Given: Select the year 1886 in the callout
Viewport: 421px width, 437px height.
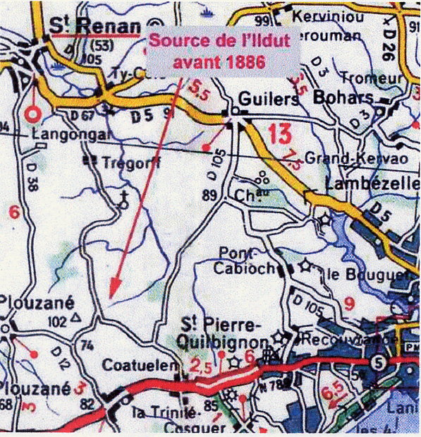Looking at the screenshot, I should tap(240, 61).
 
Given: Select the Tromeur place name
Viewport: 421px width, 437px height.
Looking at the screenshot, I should tap(371, 78).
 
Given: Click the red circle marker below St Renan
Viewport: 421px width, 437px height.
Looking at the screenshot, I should tap(31, 114).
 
